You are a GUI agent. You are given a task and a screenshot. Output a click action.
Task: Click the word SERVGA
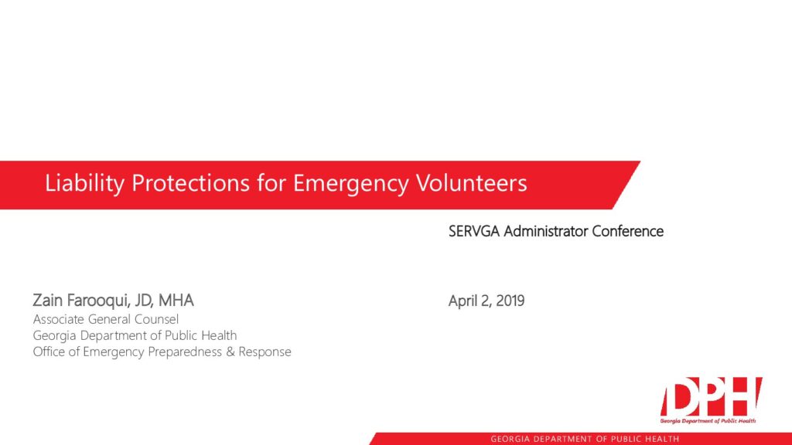474,231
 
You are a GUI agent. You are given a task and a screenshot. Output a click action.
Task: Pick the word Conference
628,231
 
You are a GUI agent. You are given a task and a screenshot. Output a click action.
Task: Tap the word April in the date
463,301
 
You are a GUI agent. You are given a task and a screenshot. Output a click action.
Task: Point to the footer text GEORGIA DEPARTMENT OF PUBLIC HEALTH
585,439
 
